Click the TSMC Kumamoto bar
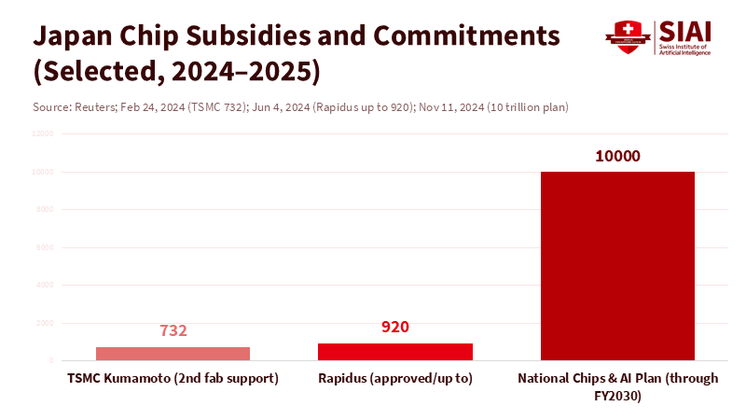click(173, 354)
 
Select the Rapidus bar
click(395, 352)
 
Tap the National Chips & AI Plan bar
click(617, 266)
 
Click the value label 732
click(173, 331)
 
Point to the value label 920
click(395, 327)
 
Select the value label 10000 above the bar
click(617, 156)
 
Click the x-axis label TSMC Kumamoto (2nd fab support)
click(173, 379)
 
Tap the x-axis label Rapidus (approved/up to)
click(395, 379)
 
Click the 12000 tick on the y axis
click(43, 133)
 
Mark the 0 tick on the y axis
click(51, 360)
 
